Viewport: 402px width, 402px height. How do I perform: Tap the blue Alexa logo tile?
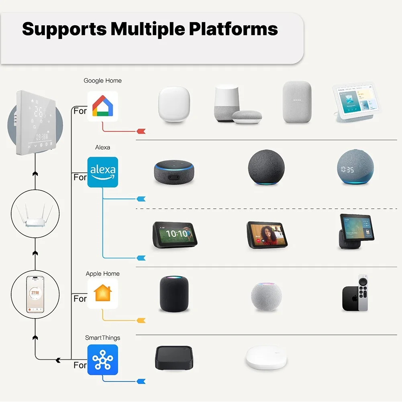click(x=103, y=172)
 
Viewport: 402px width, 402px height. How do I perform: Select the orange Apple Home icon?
click(x=103, y=294)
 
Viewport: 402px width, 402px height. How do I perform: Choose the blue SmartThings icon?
click(x=103, y=360)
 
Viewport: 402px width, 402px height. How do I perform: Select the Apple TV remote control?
click(x=363, y=293)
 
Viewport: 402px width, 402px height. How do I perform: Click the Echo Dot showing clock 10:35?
click(x=355, y=167)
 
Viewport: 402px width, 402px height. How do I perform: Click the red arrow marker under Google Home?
click(x=141, y=131)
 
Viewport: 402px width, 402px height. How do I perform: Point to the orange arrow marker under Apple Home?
click(x=141, y=320)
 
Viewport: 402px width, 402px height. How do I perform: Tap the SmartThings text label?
click(x=102, y=338)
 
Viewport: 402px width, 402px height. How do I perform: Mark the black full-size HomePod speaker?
click(x=174, y=294)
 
